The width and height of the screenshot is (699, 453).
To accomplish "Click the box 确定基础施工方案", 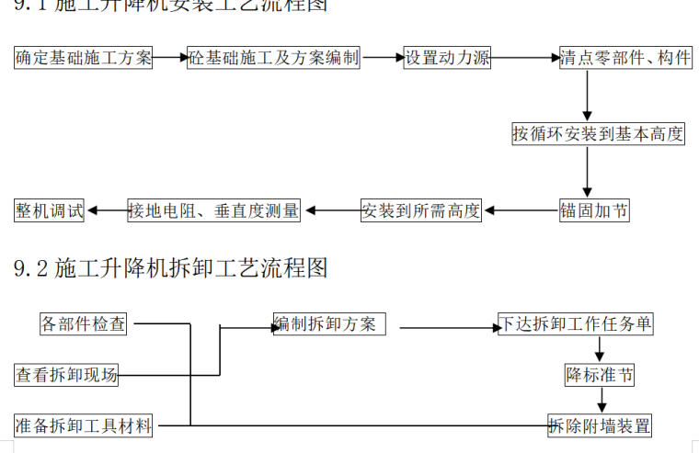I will [84, 58].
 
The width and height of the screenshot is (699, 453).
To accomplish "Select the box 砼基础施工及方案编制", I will [273, 58].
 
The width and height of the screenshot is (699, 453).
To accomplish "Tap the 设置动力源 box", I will [447, 58].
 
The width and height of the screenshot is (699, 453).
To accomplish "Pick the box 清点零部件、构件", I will [625, 58].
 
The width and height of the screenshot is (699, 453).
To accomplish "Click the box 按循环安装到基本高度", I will [598, 134].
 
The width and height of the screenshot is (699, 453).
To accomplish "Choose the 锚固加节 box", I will [594, 210].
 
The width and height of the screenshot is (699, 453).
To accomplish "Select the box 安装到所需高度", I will [421, 210].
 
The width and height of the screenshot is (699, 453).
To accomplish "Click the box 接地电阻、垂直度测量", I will [214, 210].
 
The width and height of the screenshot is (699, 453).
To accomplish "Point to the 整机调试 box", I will [50, 210].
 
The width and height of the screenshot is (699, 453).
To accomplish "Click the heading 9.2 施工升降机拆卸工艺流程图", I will [171, 268].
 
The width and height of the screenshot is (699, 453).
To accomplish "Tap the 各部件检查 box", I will [83, 324].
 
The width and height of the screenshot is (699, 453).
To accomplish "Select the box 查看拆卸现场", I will [66, 375].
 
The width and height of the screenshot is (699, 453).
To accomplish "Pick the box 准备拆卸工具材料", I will [84, 425].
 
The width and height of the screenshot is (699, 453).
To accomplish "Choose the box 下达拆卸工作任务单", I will [576, 324].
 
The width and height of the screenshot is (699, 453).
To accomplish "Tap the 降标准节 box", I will [599, 375].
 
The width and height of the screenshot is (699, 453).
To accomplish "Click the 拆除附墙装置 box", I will [600, 425].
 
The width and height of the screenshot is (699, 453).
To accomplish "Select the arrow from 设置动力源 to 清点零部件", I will [525, 58].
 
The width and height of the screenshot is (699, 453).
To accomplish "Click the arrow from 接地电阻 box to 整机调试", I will [107, 210].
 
